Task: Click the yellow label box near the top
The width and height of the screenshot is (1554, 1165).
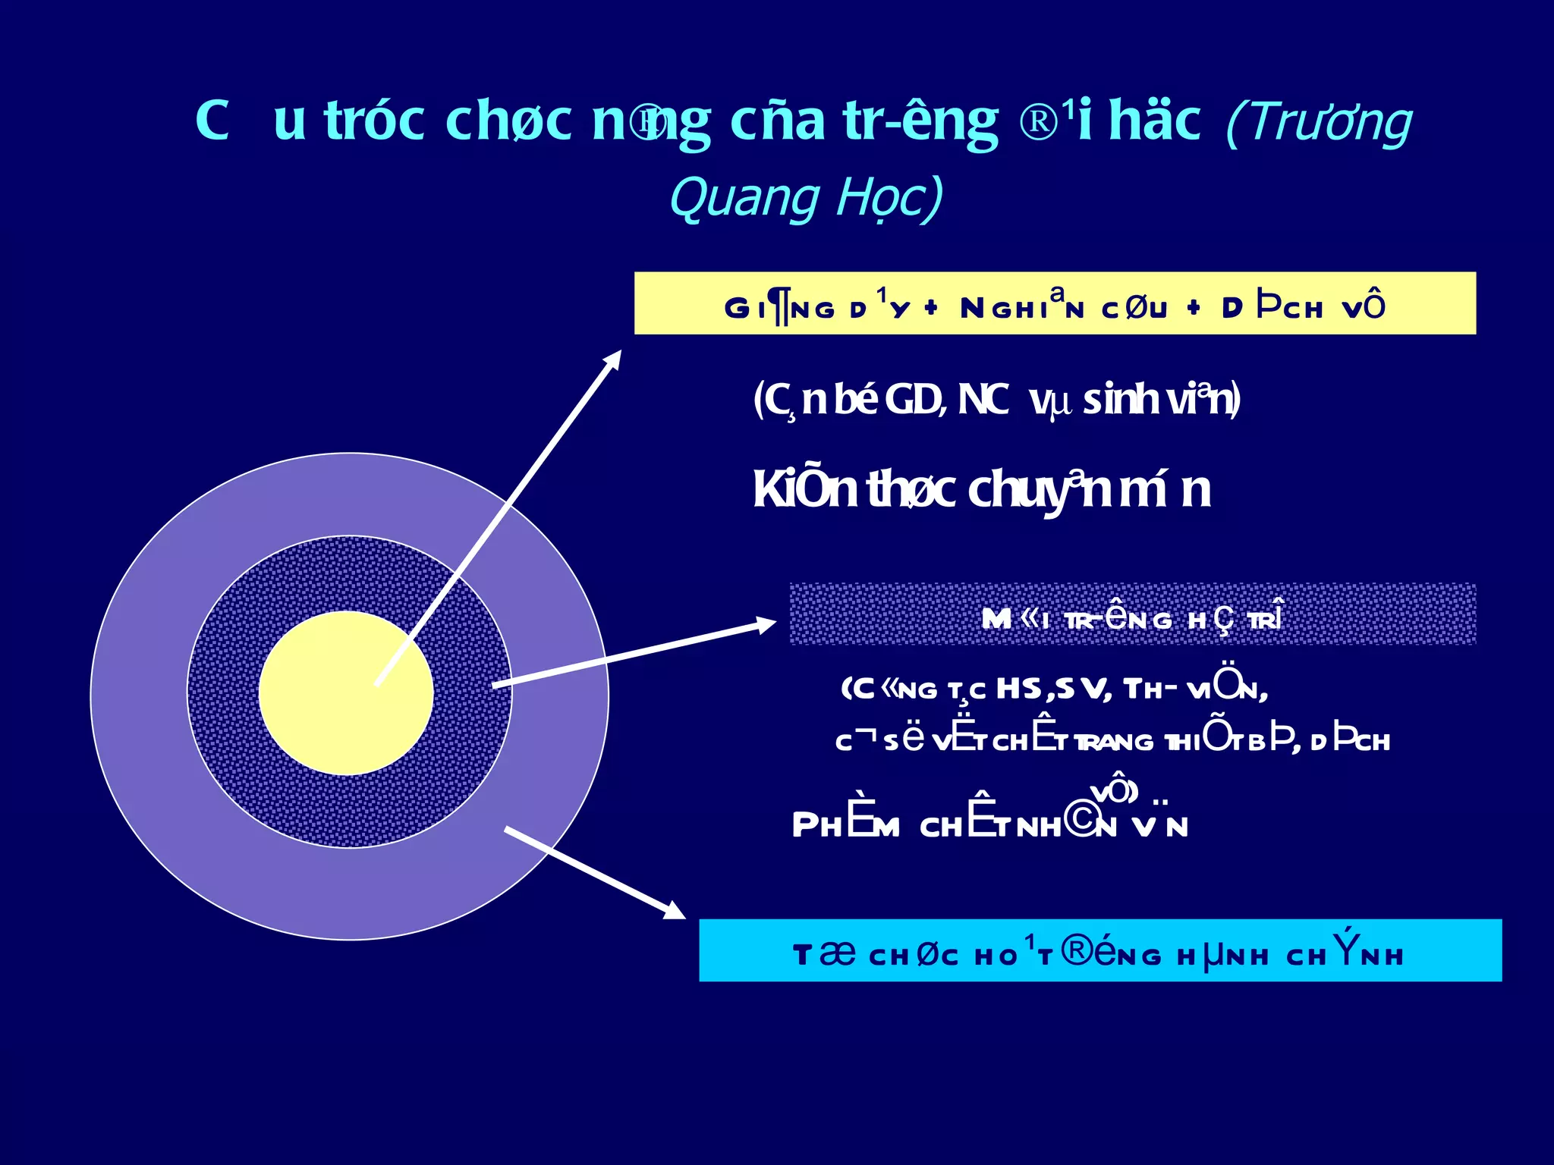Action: (x=1055, y=303)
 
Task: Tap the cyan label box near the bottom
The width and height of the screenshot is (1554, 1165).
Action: (x=1100, y=950)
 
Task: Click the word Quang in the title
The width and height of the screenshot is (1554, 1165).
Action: (x=744, y=199)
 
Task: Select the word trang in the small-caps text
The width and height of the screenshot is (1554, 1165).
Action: (x=1116, y=742)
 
